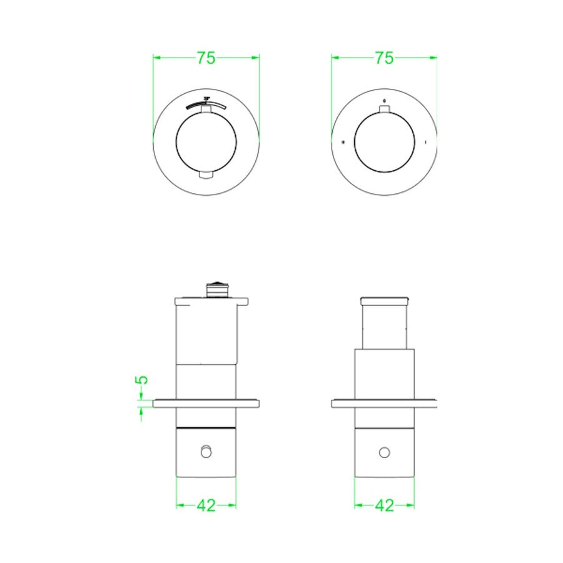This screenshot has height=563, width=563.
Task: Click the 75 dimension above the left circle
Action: [206, 58]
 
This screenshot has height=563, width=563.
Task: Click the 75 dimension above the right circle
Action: [384, 58]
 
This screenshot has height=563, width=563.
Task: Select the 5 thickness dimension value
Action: [142, 380]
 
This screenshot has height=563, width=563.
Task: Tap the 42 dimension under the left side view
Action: [206, 505]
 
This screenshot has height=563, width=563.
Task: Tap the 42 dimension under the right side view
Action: [384, 505]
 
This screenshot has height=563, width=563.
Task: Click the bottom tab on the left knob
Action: [206, 176]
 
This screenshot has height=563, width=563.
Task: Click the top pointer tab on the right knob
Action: [384, 111]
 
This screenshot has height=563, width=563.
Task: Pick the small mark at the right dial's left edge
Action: [343, 143]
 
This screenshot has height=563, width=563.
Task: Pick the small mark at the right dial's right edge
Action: [425, 143]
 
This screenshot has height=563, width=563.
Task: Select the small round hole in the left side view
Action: [206, 452]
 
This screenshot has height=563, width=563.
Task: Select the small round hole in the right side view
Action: [384, 452]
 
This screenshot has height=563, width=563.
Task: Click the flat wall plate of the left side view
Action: [206, 403]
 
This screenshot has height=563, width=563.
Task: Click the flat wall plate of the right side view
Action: [384, 403]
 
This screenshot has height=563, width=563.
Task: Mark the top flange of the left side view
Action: [212, 301]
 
